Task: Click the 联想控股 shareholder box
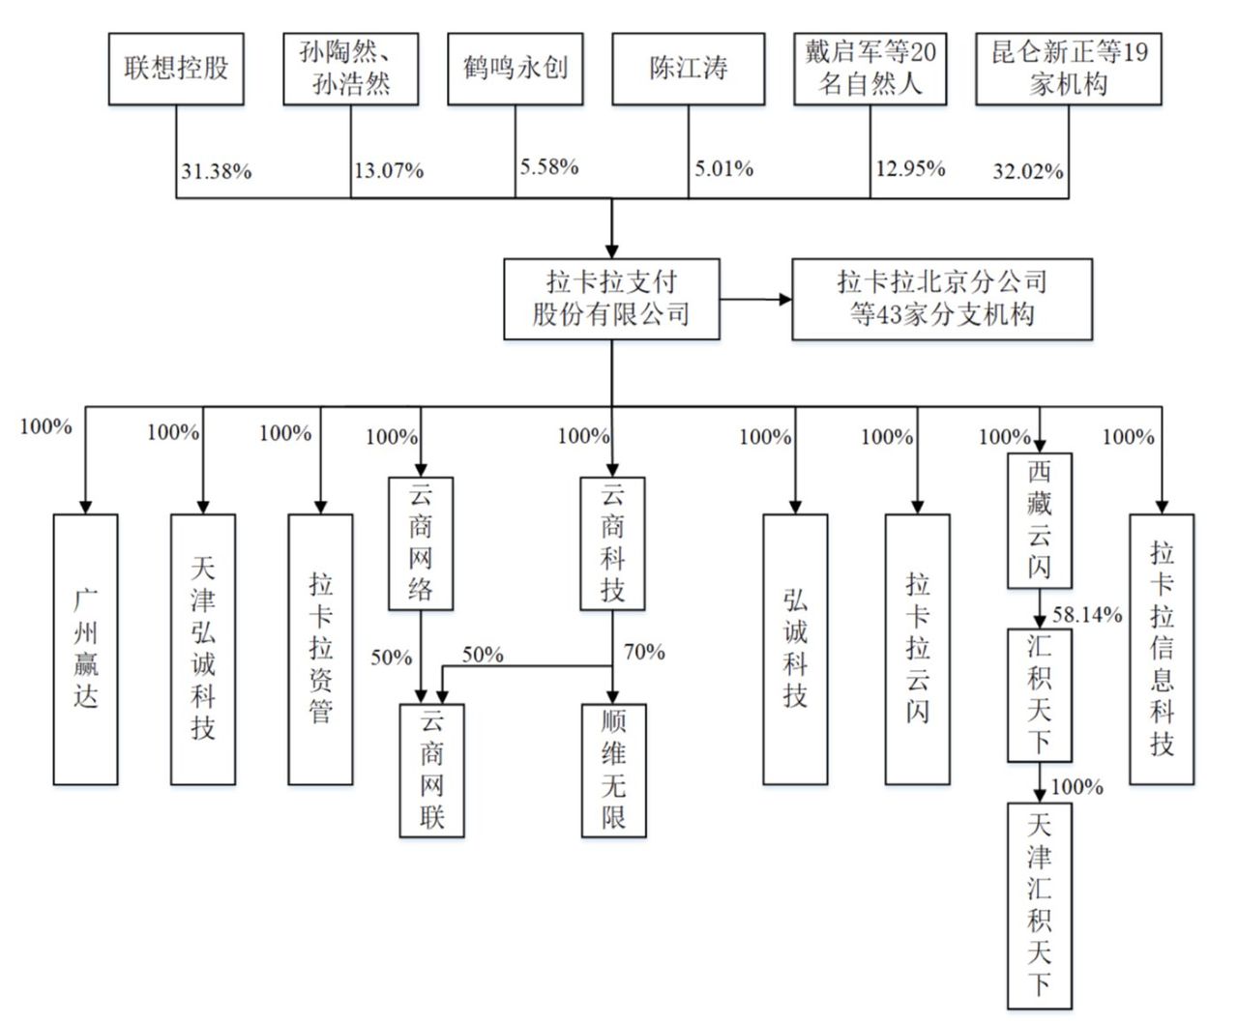[x=176, y=69]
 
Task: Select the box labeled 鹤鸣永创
[x=515, y=69]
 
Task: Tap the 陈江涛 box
[x=688, y=69]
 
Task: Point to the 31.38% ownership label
[x=216, y=172]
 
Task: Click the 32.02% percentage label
[x=1027, y=172]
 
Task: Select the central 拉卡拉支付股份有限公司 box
[x=611, y=299]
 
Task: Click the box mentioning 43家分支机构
[x=941, y=299]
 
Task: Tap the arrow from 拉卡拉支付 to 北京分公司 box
[x=755, y=299]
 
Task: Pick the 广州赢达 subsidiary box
[x=85, y=649]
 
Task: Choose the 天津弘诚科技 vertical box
[x=202, y=649]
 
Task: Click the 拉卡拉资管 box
[x=320, y=649]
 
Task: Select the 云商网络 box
[x=420, y=543]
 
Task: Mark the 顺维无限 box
[x=613, y=770]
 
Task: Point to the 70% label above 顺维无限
[x=643, y=653]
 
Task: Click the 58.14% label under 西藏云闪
[x=1087, y=615]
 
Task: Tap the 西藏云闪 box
[x=1039, y=520]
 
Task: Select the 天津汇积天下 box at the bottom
[x=1039, y=905]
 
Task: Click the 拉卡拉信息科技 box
[x=1162, y=649]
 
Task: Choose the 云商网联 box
[x=431, y=770]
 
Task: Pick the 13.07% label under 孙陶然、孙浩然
[x=388, y=172]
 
